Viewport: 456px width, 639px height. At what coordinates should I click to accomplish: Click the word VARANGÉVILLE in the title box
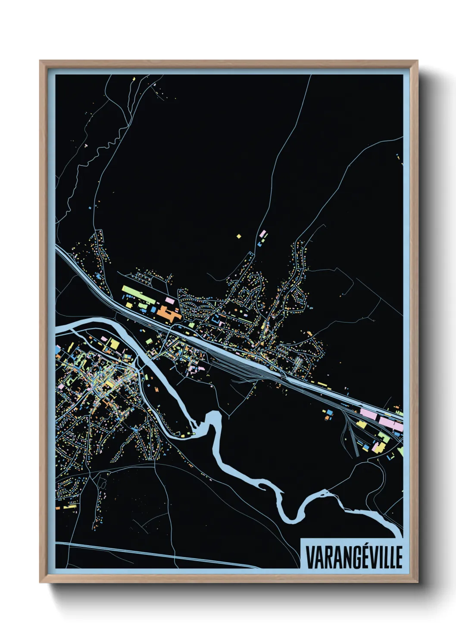tap(354, 557)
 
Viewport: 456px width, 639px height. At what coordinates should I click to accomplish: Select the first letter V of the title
tap(309, 557)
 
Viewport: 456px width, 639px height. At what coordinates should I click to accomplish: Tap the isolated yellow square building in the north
tap(239, 236)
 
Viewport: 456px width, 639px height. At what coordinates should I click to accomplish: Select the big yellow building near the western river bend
tap(113, 344)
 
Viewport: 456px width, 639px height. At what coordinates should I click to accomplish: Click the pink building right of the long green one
tap(170, 299)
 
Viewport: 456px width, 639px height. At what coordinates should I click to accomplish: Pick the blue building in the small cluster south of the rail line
tap(328, 418)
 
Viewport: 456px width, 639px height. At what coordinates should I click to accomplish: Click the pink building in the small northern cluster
tap(262, 233)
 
